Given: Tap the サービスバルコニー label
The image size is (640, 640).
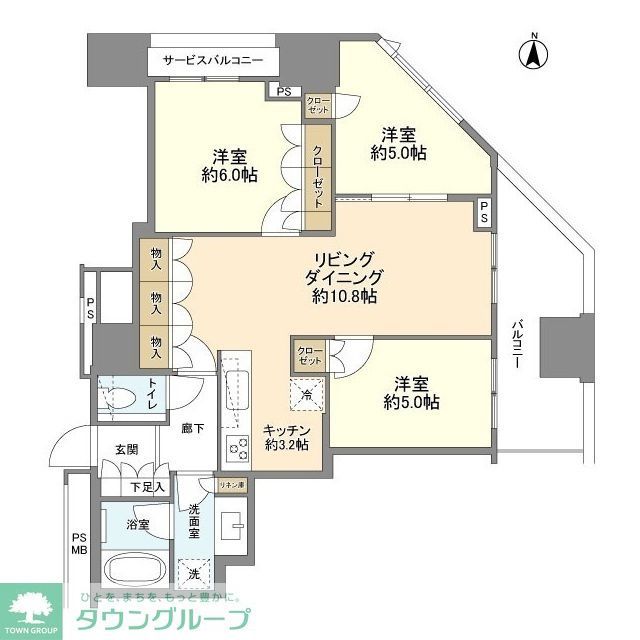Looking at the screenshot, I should pyautogui.click(x=213, y=61).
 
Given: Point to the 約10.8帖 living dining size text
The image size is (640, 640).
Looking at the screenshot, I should pyautogui.click(x=344, y=296).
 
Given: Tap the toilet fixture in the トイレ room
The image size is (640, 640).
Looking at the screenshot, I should pyautogui.click(x=122, y=392).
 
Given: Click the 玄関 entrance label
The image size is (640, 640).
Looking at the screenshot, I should pyautogui.click(x=126, y=449).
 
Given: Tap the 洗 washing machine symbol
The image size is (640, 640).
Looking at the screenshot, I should pyautogui.click(x=193, y=573).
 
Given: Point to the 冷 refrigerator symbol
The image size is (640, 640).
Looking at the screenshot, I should pyautogui.click(x=307, y=393).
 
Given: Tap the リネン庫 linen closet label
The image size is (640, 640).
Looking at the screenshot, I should pyautogui.click(x=232, y=485).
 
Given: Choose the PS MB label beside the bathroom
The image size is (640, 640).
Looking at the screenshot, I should pyautogui.click(x=79, y=545).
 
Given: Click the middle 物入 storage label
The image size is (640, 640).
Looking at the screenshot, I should pyautogui.click(x=157, y=298).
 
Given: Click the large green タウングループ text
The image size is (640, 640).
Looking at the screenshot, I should pyautogui.click(x=159, y=619).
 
